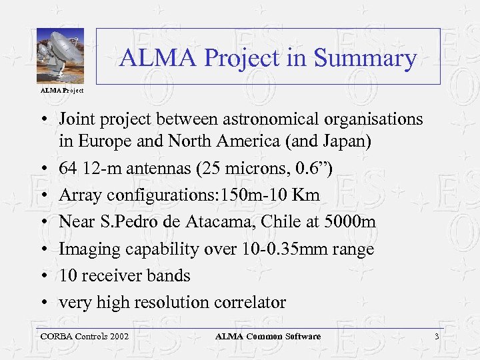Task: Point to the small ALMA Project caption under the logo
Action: (61, 90)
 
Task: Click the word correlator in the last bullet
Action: (250, 302)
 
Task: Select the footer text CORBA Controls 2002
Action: (85, 337)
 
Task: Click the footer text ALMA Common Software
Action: (267, 337)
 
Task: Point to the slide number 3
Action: (437, 337)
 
